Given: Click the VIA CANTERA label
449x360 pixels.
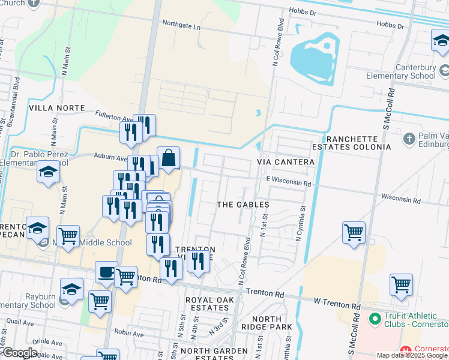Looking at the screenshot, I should coord(286,162).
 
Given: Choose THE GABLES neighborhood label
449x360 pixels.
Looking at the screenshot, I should coord(243,205).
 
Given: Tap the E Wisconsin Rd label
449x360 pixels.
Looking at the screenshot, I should coord(289,179).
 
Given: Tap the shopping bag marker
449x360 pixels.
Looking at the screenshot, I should coord(169,158).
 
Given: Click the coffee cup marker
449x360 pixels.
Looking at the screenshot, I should coord(106,272).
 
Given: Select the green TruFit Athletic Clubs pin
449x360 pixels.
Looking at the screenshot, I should coord(375,317).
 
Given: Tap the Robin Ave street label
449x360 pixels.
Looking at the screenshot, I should coord(128,332).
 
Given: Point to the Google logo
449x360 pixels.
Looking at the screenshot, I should coord(19,352).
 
